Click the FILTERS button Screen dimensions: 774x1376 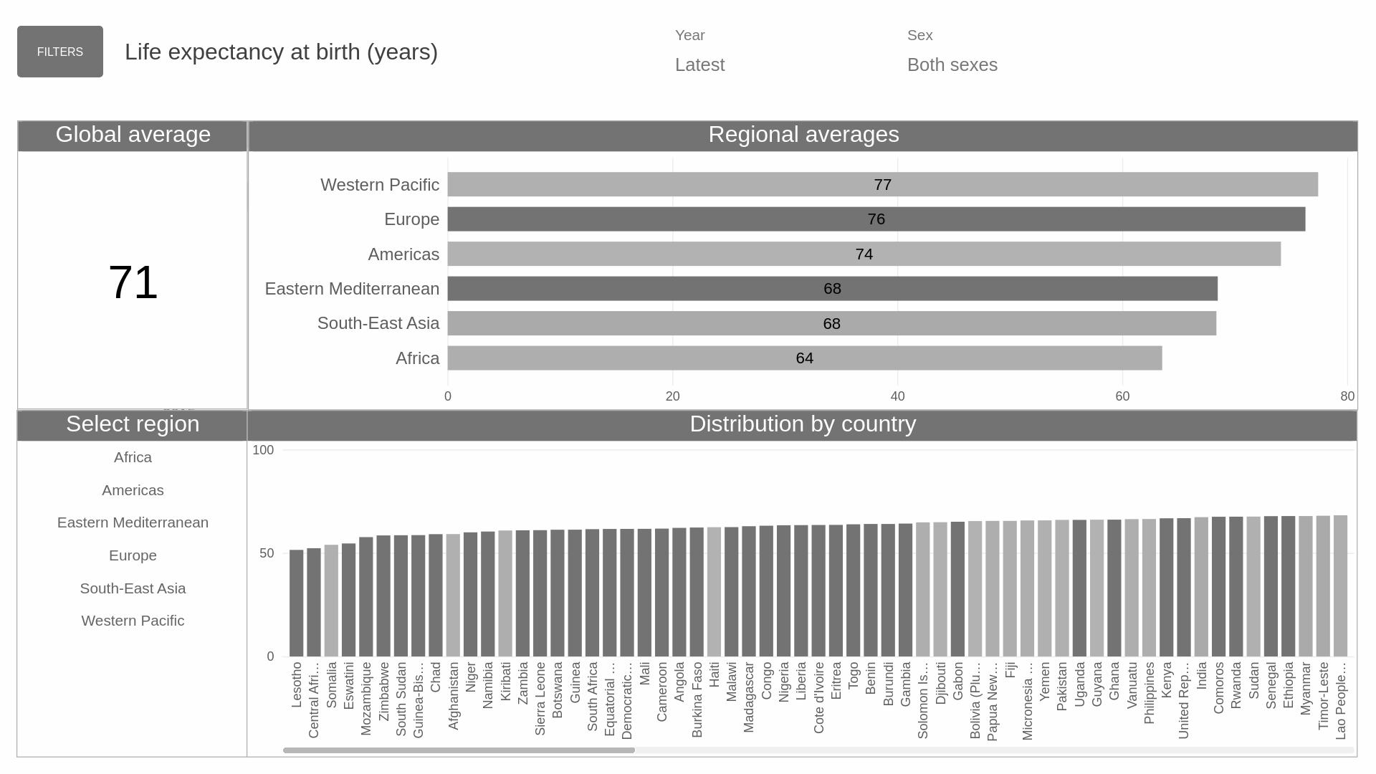[60, 52]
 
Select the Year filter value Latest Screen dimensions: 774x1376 [699, 64]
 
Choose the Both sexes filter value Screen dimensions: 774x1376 [952, 64]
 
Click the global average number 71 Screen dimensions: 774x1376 [133, 282]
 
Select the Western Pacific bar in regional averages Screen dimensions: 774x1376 [881, 184]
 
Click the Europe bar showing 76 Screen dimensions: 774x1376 [876, 219]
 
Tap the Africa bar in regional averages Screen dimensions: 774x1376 [804, 358]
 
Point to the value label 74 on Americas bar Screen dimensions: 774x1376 [864, 254]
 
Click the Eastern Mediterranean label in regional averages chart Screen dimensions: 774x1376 [352, 289]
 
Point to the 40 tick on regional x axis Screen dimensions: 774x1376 [897, 396]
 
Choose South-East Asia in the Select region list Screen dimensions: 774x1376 [133, 588]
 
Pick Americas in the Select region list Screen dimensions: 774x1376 [133, 490]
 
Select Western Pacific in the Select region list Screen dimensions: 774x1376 [133, 621]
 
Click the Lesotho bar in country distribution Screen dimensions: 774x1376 [297, 603]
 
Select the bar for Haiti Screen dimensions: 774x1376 [714, 592]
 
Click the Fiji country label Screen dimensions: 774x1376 [1010, 670]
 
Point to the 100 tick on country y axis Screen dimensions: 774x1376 [263, 450]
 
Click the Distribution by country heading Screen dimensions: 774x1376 [803, 424]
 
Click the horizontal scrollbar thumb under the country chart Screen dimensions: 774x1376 [459, 750]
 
